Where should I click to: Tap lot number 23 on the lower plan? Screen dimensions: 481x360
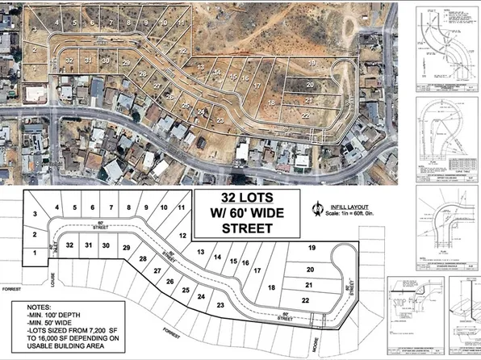pyautogui.click(x=220, y=304)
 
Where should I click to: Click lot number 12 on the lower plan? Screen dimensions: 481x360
pyautogui.click(x=182, y=235)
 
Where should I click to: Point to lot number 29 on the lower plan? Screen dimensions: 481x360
pyautogui.click(x=125, y=247)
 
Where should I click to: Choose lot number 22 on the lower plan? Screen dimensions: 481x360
pyautogui.click(x=306, y=300)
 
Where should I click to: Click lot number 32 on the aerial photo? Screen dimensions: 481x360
pyautogui.click(x=69, y=61)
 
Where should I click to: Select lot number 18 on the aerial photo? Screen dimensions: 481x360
pyautogui.click(x=271, y=103)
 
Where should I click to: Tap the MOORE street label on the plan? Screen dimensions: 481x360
pyautogui.click(x=313, y=332)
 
